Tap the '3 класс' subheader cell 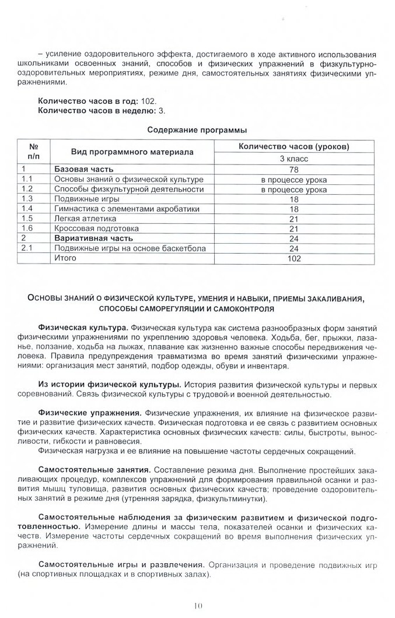point(293,158)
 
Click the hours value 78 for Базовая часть point(293,169)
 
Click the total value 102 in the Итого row point(293,258)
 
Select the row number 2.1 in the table point(26,248)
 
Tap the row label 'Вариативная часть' point(93,238)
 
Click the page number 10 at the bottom point(197,606)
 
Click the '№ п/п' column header point(33,152)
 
